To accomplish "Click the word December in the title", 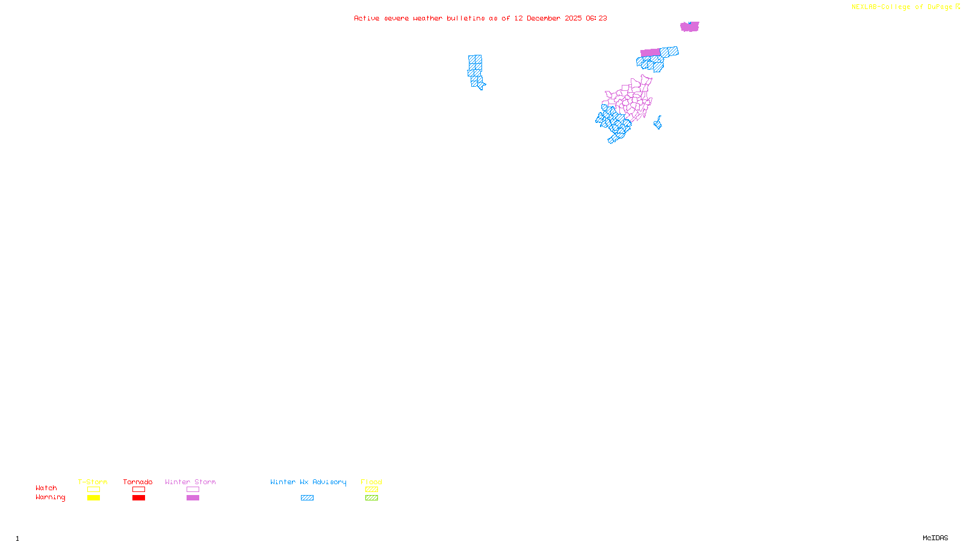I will coord(543,18).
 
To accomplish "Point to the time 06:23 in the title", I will coord(596,18).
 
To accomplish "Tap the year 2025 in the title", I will coord(573,18).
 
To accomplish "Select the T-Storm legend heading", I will coord(93,482).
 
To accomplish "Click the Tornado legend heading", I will coord(138,482).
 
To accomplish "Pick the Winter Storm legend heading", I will coord(190,482).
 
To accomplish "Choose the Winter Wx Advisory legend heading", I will coord(308,482).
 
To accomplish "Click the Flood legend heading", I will coord(371,482).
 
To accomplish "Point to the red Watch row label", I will coord(46,488).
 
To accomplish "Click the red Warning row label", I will coord(50,497).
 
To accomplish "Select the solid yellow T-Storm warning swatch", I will coord(93,498).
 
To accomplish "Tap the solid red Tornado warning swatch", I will coord(139,498).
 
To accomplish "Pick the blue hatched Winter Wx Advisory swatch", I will coord(307,498).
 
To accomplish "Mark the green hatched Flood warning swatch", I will coord(371,498).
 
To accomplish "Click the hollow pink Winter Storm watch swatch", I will coord(193,490).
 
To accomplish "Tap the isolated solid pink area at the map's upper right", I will coord(689,26).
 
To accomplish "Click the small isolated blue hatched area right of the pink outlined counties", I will coord(658,123).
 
